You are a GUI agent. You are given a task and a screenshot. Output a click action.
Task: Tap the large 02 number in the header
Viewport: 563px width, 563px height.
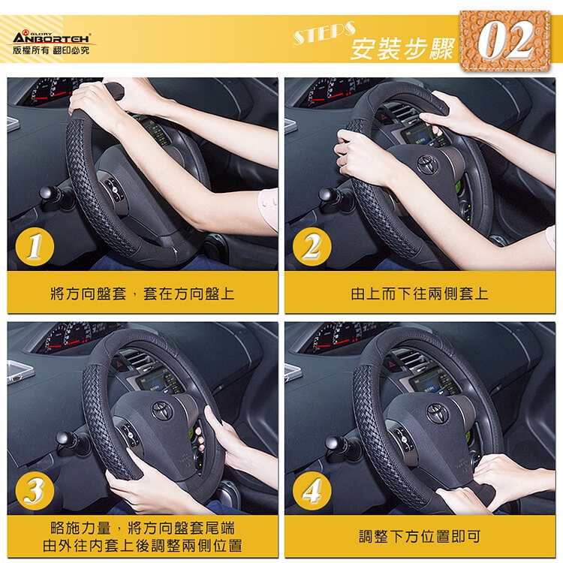[505, 40]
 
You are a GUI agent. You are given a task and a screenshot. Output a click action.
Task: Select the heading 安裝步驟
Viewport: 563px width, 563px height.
[402, 49]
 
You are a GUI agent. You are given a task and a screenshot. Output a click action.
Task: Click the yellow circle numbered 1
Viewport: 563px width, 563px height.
[35, 247]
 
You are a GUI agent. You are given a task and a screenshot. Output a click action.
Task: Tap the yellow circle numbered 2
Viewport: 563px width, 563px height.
[312, 247]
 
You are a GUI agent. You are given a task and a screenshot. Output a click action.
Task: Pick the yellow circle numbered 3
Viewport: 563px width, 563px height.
[35, 490]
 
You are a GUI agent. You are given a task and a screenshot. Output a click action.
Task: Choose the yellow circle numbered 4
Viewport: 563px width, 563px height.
[312, 490]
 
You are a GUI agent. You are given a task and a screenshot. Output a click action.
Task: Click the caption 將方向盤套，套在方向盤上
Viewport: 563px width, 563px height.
[143, 294]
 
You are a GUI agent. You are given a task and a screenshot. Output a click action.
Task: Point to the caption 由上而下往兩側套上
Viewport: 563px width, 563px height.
[420, 294]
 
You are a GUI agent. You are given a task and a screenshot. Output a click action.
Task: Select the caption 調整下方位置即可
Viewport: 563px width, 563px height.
[420, 537]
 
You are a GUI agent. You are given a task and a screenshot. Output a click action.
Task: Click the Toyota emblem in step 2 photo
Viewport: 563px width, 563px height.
[428, 164]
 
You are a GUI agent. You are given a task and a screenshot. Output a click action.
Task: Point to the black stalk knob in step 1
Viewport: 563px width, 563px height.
[48, 194]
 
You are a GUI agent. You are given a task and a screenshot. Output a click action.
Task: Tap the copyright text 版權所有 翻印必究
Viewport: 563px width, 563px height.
[51, 50]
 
